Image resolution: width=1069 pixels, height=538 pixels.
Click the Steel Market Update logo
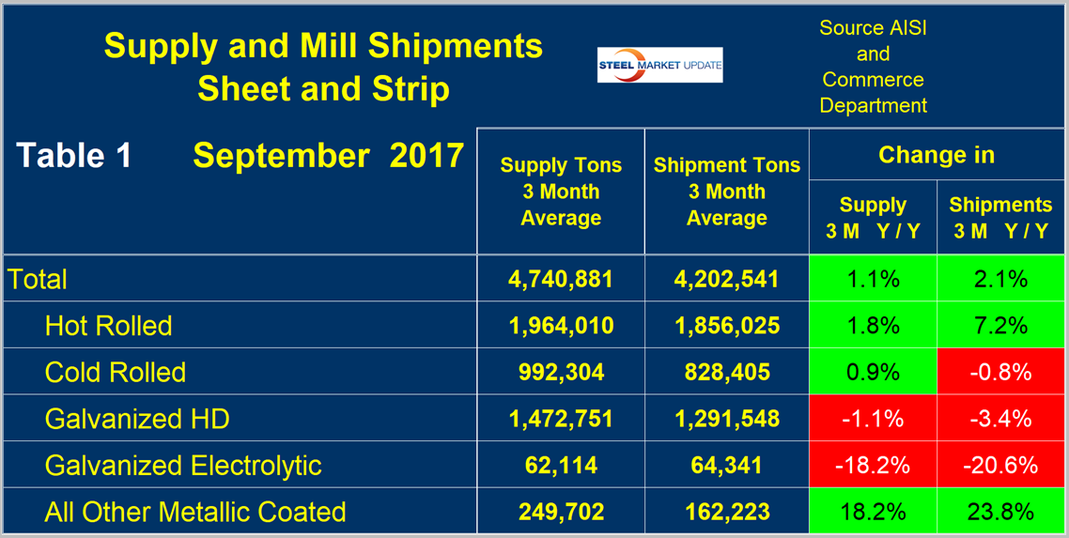(659, 64)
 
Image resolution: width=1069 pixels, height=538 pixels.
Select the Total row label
(38, 279)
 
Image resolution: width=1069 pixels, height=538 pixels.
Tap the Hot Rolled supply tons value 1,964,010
(561, 326)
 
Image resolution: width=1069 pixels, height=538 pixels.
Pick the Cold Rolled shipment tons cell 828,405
(727, 372)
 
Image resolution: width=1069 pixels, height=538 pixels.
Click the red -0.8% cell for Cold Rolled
(1000, 372)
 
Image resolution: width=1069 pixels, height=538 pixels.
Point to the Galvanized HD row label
(137, 418)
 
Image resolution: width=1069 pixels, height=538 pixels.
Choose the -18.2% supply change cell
(873, 465)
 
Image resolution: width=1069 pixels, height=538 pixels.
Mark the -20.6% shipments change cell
(1000, 465)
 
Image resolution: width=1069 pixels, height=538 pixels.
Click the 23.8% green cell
(1000, 512)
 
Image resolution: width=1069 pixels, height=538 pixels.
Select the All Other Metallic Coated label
(195, 512)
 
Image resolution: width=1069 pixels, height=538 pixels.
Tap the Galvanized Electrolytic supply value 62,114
(561, 465)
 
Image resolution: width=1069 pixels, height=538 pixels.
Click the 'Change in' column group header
(936, 155)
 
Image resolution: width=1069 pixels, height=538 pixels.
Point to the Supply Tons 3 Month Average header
(561, 192)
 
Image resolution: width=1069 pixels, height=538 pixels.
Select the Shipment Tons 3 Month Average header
(727, 192)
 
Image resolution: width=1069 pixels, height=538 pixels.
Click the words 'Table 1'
(74, 156)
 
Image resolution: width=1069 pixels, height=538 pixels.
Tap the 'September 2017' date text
(328, 156)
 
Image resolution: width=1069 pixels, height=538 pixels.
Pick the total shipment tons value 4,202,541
(727, 279)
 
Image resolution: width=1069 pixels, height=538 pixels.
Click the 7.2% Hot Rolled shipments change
(1000, 326)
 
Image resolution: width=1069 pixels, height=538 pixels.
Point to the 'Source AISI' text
(873, 28)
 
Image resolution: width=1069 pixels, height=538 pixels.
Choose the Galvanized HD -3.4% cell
(1000, 418)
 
